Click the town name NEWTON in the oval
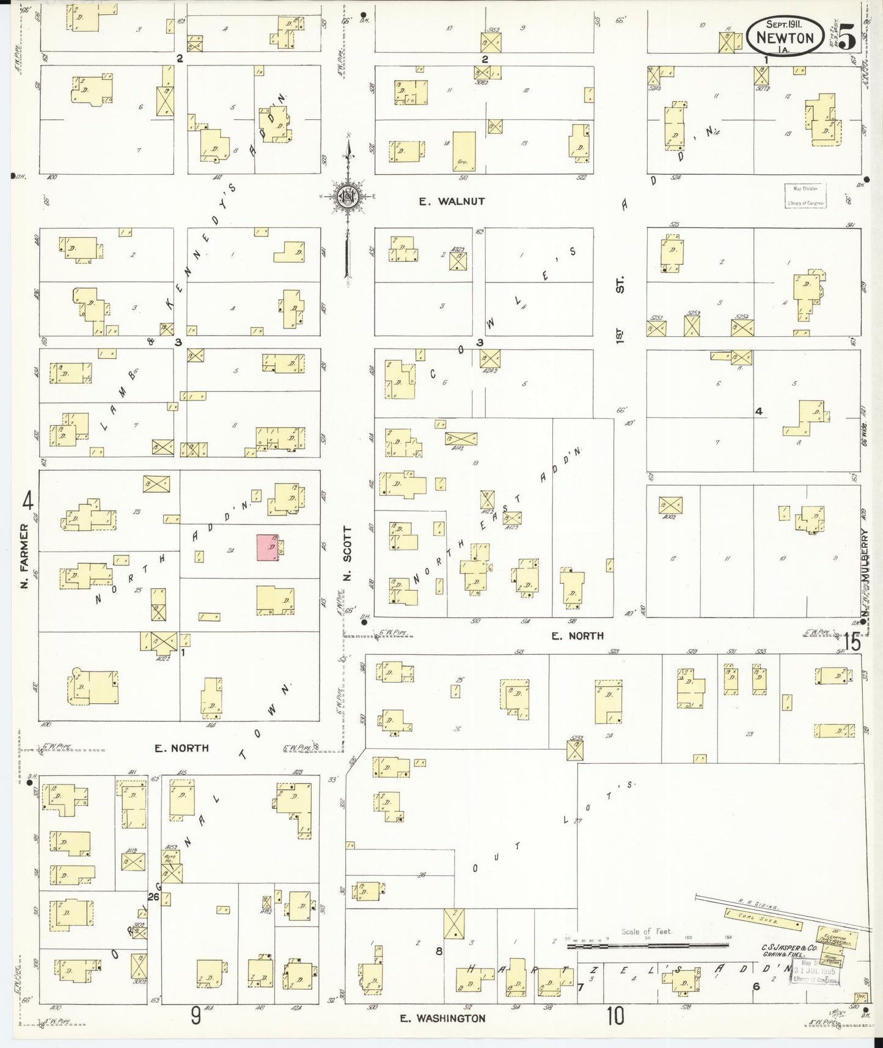pos(785,38)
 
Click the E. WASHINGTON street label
pos(443,1018)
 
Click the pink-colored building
pos(268,547)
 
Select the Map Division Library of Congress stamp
pos(805,196)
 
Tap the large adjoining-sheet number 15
pos(852,642)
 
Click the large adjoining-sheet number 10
pos(616,1016)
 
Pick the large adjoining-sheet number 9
pos(196,1016)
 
